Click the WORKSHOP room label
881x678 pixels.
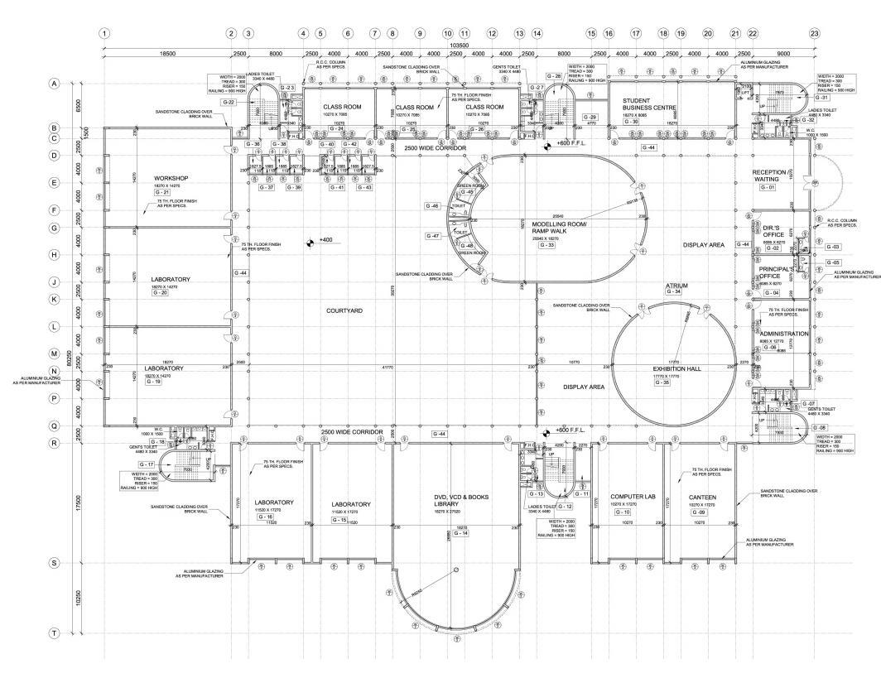pyautogui.click(x=171, y=179)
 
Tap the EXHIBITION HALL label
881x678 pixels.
pyautogui.click(x=672, y=368)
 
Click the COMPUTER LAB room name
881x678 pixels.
pyautogui.click(x=627, y=497)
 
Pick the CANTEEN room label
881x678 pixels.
pyautogui.click(x=701, y=498)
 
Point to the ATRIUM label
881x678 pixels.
pyautogui.click(x=677, y=286)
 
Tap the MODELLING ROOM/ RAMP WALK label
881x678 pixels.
pyautogui.click(x=559, y=228)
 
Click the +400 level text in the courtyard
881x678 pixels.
pyautogui.click(x=325, y=240)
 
